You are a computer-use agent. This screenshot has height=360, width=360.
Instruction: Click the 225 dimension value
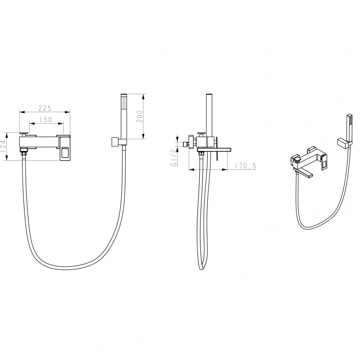click(x=45, y=108)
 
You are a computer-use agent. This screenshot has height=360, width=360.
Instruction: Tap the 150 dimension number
click(x=46, y=119)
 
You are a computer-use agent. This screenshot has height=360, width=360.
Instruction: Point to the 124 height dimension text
click(x=3, y=146)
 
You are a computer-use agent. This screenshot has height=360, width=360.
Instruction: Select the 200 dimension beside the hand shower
click(x=139, y=116)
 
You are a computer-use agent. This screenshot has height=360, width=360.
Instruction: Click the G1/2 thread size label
click(x=173, y=158)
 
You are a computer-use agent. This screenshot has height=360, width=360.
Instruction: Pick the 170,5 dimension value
click(x=245, y=165)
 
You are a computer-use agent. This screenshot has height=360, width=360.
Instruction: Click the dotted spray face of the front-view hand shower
click(x=124, y=102)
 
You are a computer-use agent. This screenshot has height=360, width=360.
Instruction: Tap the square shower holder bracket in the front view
click(x=114, y=142)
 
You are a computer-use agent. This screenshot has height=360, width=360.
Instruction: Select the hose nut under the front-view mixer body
click(x=24, y=152)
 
